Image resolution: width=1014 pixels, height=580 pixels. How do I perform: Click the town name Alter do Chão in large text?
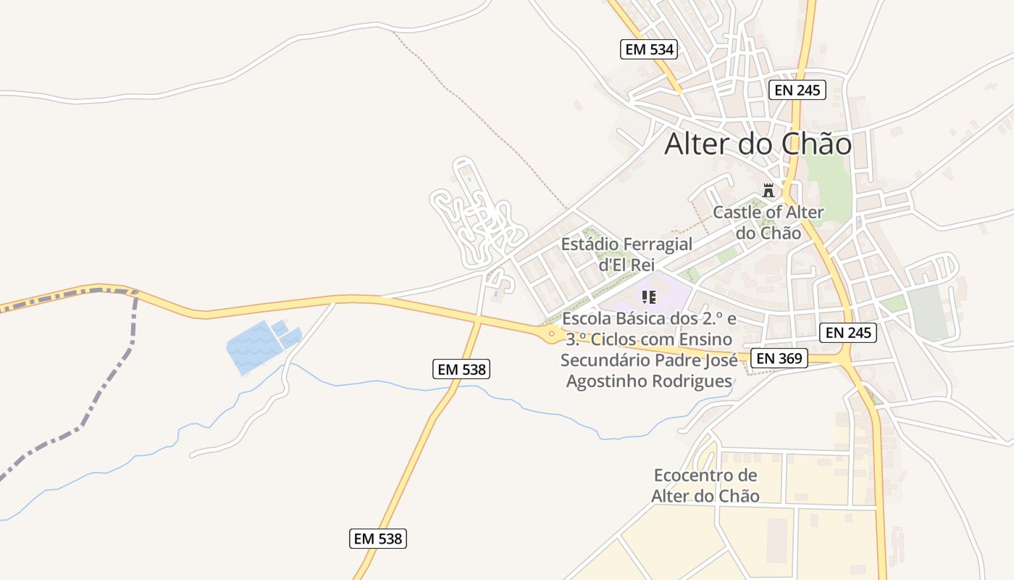pyautogui.click(x=758, y=144)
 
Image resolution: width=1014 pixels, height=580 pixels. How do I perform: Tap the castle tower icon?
pyautogui.click(x=768, y=191)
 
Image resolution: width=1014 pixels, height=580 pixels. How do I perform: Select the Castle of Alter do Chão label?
pyautogui.click(x=768, y=223)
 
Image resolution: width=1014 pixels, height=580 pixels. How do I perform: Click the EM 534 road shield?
pyautogui.click(x=649, y=49)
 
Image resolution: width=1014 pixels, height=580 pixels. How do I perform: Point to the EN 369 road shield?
pyautogui.click(x=779, y=358)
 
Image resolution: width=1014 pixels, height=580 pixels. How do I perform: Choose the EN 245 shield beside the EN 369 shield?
pyautogui.click(x=848, y=333)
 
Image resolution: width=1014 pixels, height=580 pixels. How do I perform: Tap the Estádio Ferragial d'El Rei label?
pyautogui.click(x=627, y=254)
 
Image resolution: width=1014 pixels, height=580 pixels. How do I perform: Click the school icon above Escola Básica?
pyautogui.click(x=648, y=297)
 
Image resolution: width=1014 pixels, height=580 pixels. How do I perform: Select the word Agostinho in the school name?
pyautogui.click(x=613, y=381)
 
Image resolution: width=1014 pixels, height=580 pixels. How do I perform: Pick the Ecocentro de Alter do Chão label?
pyautogui.click(x=705, y=486)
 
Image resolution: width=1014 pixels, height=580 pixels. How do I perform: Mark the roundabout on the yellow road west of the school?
pyautogui.click(x=551, y=334)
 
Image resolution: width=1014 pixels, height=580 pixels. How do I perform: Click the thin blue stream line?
pyautogui.click(x=391, y=385)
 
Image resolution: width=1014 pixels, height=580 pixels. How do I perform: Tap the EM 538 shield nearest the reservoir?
pyautogui.click(x=462, y=369)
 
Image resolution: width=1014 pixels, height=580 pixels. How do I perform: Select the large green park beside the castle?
pyautogui.click(x=829, y=181)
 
